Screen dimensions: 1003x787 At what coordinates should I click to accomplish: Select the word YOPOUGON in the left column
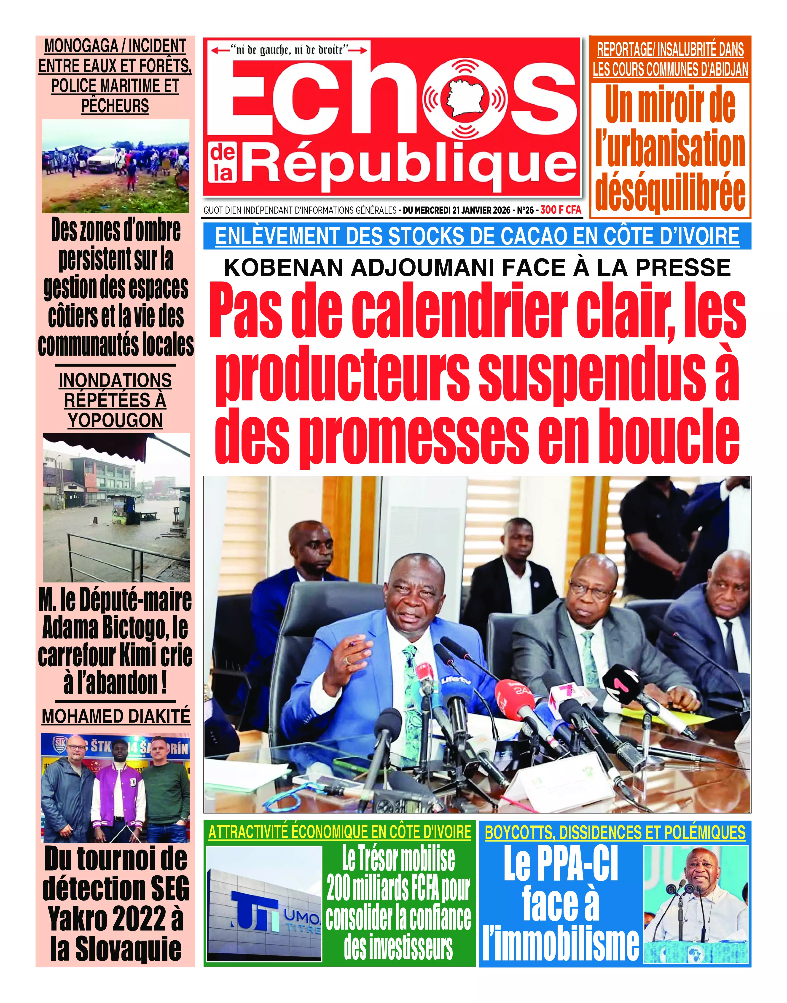[x=115, y=420]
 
